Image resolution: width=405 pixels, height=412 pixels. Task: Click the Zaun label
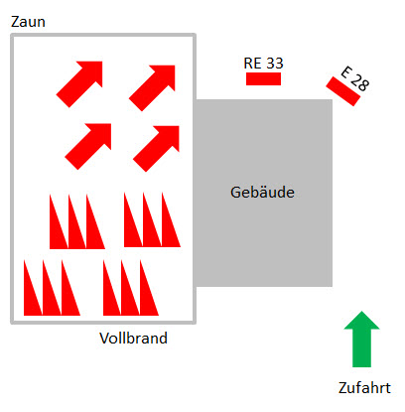tap(28, 22)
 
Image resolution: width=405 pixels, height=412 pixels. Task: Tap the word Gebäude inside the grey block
tap(262, 193)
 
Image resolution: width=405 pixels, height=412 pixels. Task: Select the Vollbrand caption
tap(133, 339)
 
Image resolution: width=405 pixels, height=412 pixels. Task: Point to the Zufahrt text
tap(364, 388)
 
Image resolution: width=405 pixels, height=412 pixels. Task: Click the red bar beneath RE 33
tap(263, 78)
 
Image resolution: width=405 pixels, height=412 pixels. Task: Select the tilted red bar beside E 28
tap(342, 91)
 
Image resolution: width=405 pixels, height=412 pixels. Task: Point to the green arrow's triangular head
tap(361, 321)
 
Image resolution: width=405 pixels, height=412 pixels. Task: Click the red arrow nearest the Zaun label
tap(79, 84)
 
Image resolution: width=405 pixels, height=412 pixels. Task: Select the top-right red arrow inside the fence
tap(152, 88)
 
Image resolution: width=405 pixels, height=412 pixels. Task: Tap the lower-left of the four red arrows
tap(88, 146)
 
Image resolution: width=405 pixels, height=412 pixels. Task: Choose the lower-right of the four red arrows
tap(156, 149)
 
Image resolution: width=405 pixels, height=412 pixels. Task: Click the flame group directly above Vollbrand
tap(131, 288)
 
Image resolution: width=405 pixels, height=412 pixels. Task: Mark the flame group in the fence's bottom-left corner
tap(52, 288)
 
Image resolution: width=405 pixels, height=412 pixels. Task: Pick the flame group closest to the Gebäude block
tap(152, 220)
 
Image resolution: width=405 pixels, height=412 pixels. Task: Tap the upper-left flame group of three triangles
tap(77, 221)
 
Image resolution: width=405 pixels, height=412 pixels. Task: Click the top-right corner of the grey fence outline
tap(195, 35)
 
